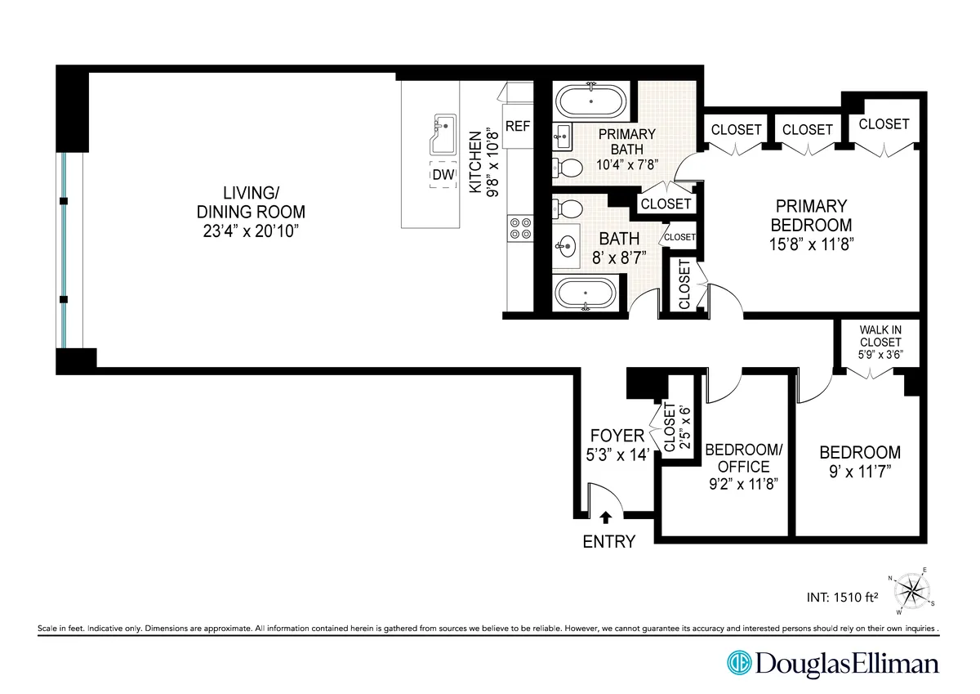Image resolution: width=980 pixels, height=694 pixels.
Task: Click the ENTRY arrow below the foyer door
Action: [605, 517]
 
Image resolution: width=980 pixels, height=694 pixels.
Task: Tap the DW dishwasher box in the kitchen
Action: [443, 176]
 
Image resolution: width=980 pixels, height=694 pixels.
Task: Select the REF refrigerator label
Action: [518, 127]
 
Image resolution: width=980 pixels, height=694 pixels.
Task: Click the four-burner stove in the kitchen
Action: [519, 228]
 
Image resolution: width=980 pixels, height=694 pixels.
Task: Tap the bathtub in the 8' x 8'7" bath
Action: [587, 293]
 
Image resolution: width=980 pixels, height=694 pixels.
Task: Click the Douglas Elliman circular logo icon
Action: [740, 663]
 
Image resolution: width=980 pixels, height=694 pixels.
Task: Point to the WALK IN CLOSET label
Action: [880, 336]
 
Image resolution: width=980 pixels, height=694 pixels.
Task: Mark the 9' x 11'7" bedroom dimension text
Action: [860, 472]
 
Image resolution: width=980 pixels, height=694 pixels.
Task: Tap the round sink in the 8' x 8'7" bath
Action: [567, 244]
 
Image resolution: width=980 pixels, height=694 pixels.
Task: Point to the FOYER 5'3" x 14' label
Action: [617, 446]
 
